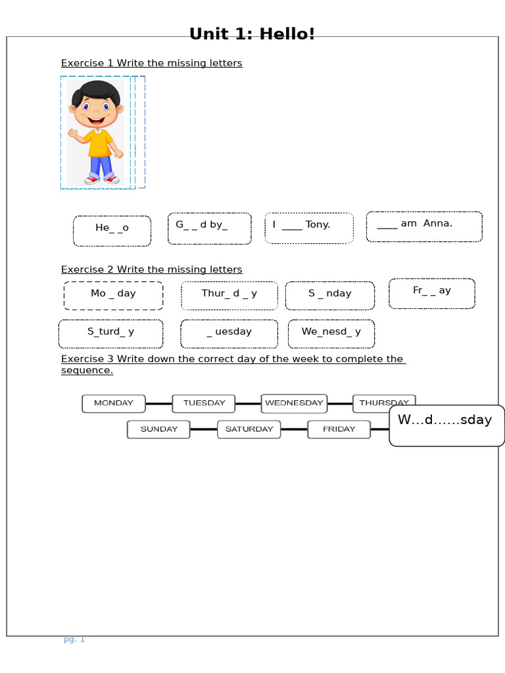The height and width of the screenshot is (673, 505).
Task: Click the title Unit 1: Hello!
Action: [x=252, y=34]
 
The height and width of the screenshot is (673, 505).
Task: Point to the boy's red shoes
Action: [x=102, y=179]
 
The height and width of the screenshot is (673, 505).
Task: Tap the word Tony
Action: [x=318, y=225]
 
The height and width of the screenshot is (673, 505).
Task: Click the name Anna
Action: [x=438, y=223]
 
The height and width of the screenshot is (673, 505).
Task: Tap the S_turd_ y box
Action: [x=110, y=333]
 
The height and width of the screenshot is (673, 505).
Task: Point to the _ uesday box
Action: [x=229, y=333]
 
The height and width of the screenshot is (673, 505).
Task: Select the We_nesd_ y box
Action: [x=331, y=333]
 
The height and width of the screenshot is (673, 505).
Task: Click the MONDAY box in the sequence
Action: [x=113, y=404]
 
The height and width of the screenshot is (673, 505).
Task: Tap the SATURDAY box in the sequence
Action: [x=249, y=430]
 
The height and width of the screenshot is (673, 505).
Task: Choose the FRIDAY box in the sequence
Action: [x=339, y=430]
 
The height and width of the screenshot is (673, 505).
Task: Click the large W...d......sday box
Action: [x=446, y=425]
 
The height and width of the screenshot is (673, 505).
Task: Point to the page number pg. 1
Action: [x=74, y=639]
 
